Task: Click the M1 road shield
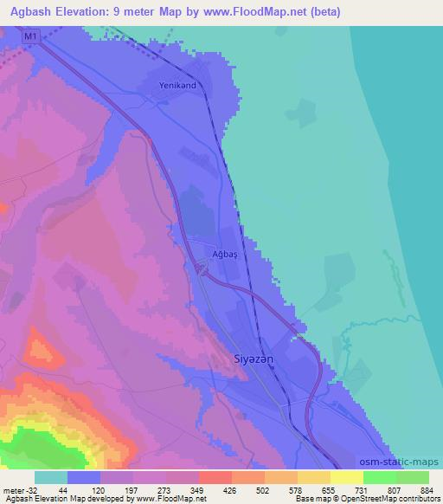click(x=32, y=36)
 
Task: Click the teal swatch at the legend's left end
click(x=51, y=477)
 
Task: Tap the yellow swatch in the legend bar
click(x=346, y=477)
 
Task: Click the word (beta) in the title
click(x=320, y=12)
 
